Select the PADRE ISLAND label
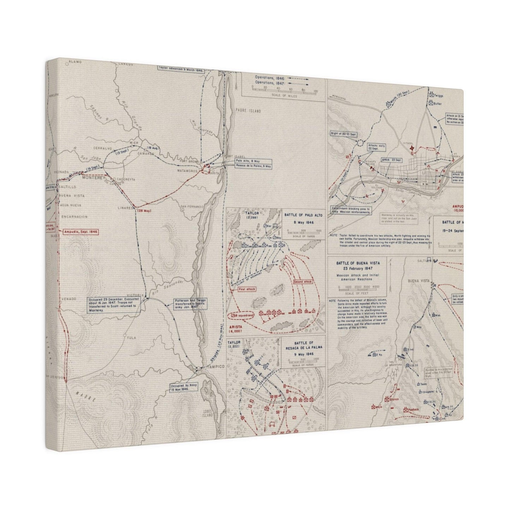(247, 111)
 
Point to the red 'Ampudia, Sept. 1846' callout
(80, 232)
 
